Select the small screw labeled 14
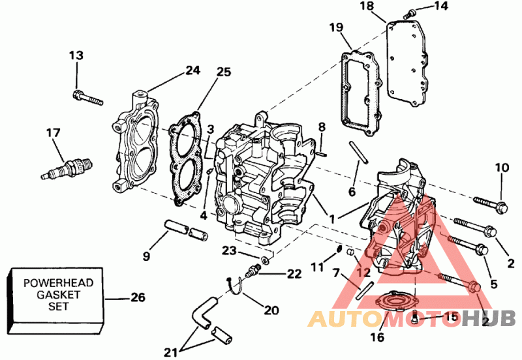point(410,14)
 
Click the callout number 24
point(192,70)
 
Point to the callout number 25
point(223,72)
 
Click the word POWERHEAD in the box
point(58,283)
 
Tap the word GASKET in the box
point(58,294)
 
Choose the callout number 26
point(138,297)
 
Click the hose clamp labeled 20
point(236,285)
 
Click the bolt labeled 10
point(491,204)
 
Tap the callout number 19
point(336,27)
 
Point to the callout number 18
point(367,6)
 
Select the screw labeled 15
point(414,317)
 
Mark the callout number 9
point(146,256)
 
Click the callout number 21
point(171,352)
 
